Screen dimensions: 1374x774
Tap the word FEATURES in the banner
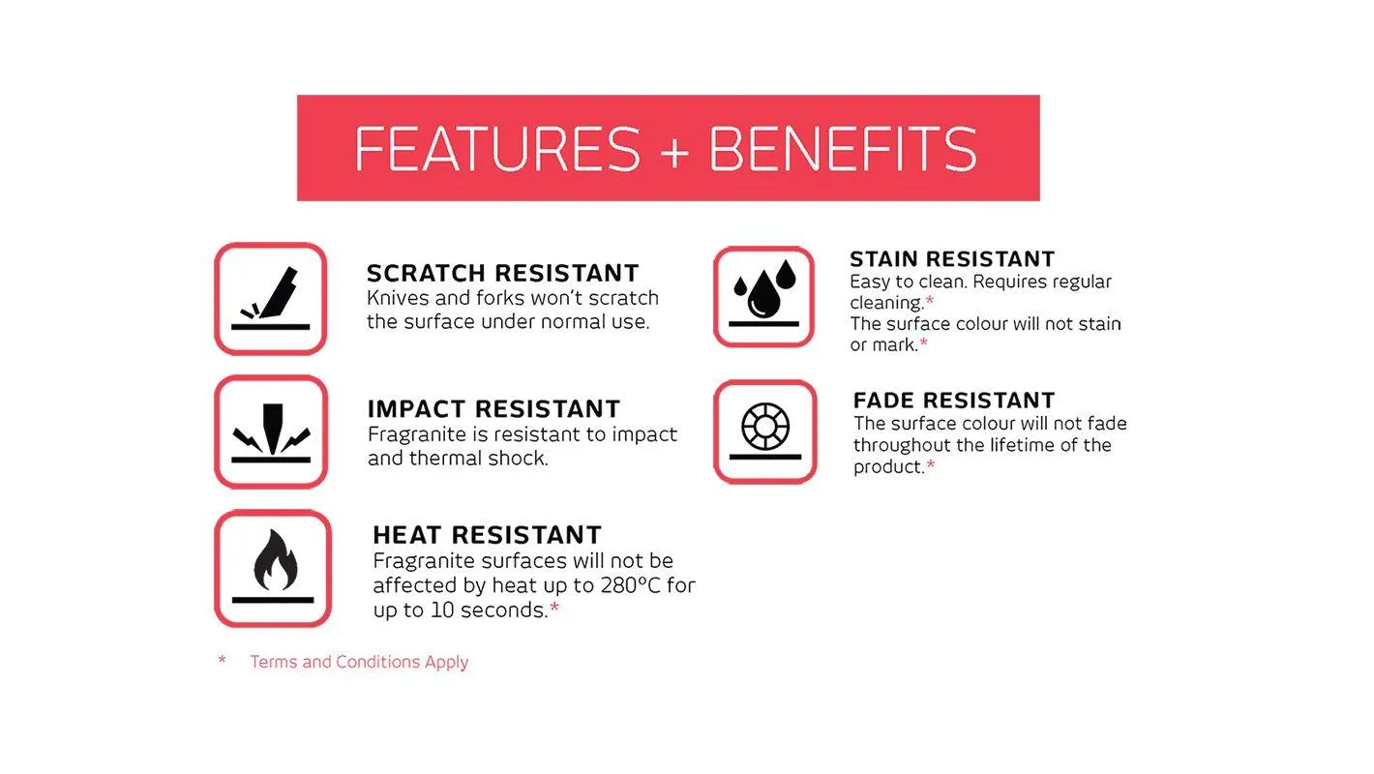point(497,148)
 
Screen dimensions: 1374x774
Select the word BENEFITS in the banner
point(843,148)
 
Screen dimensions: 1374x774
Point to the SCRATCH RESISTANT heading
point(503,273)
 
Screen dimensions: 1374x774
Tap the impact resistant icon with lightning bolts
point(271,432)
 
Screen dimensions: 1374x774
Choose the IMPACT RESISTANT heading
point(493,408)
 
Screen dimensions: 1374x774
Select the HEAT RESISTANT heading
point(487,535)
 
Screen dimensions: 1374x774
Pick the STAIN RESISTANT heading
point(952,259)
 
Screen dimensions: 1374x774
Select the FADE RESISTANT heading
point(954,401)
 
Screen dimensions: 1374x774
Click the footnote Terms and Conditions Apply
point(359,662)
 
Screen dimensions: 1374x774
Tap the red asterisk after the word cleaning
point(929,300)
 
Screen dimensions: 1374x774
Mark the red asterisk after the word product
point(931,465)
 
